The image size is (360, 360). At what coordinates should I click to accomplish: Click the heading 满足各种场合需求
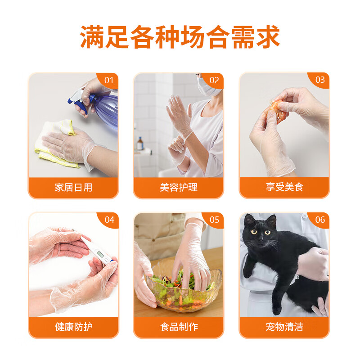coord(180,36)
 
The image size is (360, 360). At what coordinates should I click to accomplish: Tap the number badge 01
coord(109,80)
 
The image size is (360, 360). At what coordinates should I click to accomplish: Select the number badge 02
coord(215,80)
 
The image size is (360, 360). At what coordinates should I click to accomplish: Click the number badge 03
coord(320,80)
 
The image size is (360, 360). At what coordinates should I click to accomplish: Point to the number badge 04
coord(109,220)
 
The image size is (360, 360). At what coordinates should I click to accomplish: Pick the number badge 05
coord(215,220)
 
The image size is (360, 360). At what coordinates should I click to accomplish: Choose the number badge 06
coord(320,220)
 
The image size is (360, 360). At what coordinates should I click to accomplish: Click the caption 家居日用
coord(73,187)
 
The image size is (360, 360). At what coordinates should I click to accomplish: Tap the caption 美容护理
coord(179,187)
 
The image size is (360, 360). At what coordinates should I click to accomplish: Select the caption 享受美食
coord(284,187)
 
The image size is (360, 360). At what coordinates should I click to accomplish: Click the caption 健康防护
coord(73,327)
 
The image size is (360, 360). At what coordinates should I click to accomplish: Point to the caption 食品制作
coord(179,327)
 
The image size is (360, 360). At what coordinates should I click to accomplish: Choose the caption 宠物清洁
coord(284,327)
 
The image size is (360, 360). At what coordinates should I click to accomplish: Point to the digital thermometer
coord(97,250)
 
